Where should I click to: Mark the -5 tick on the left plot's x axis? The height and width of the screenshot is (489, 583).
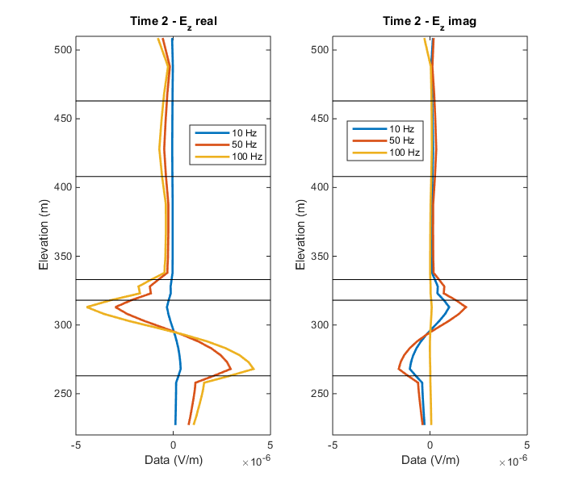(77, 445)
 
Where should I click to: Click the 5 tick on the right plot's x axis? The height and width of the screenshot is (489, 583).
(526, 445)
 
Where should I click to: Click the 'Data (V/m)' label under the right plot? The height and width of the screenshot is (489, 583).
(430, 459)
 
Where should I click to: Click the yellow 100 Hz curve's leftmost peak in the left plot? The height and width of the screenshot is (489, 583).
(87, 307)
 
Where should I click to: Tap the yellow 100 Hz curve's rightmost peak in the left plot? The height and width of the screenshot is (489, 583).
(254, 369)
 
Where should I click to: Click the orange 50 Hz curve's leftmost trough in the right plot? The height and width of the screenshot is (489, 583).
(399, 369)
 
